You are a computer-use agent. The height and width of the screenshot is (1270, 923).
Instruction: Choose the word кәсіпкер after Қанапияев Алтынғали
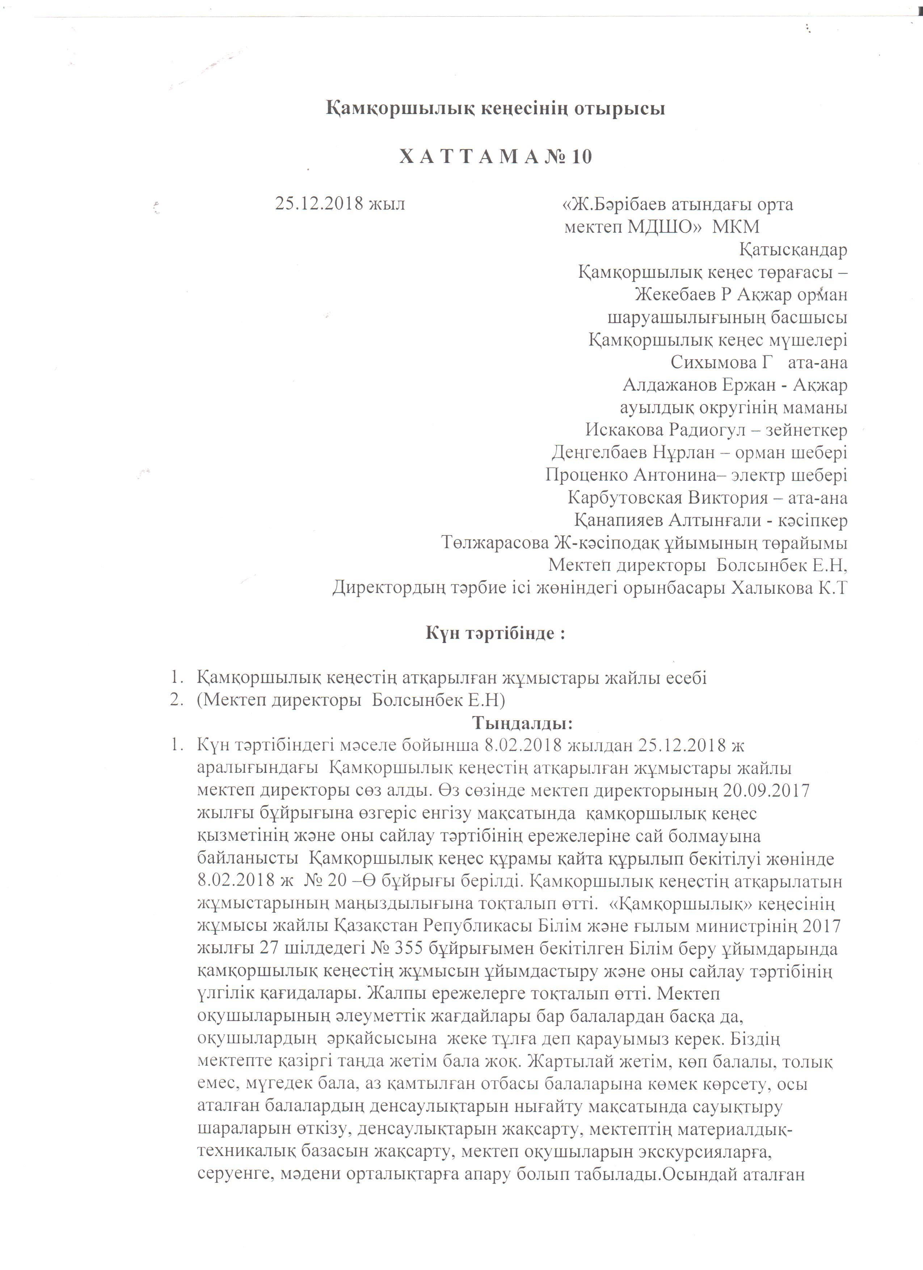pos(815,521)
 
